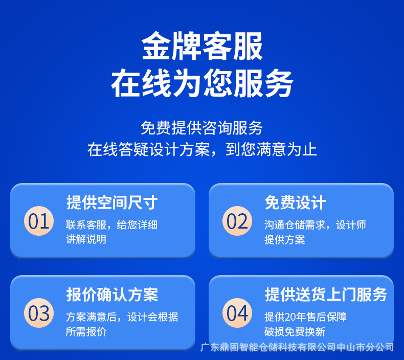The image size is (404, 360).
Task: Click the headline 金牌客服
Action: [x=202, y=46]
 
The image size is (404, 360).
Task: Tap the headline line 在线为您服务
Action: [x=202, y=83]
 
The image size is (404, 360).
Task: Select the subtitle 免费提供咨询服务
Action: [x=201, y=127]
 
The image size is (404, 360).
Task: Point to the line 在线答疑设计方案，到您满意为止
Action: [x=202, y=149]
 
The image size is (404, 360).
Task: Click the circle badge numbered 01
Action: [x=39, y=221]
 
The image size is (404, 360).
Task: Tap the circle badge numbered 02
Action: [x=237, y=221]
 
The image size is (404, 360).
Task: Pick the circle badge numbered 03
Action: [x=39, y=313]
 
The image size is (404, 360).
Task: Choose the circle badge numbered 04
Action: [x=237, y=313]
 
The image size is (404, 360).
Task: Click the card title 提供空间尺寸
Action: [x=112, y=202]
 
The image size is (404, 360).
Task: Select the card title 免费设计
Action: [x=295, y=202]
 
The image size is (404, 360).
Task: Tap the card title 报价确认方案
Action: [x=112, y=295]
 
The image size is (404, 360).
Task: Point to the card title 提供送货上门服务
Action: [x=326, y=295]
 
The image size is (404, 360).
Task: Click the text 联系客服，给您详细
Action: [x=111, y=224]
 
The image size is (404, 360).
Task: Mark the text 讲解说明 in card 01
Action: [x=86, y=239]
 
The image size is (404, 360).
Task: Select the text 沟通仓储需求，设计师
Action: [x=315, y=224]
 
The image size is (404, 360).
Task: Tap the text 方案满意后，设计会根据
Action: [x=122, y=317]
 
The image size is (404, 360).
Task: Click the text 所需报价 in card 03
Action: [x=86, y=332]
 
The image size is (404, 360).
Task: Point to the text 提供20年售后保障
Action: [x=305, y=317]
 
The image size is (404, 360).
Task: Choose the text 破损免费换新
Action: [x=295, y=332]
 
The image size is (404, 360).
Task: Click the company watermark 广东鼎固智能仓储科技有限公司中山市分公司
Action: [x=297, y=347]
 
